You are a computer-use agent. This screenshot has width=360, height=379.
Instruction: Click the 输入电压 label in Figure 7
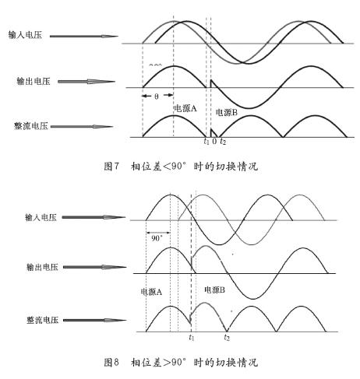click(25, 35)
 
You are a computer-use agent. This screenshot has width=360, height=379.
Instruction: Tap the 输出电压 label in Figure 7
click(34, 81)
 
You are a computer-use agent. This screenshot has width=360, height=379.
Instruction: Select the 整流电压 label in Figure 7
click(31, 126)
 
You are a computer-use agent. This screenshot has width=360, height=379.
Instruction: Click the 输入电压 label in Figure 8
click(41, 217)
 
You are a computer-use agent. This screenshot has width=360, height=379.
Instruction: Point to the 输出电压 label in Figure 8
click(42, 267)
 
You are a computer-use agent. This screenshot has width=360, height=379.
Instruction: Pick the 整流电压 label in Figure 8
click(42, 320)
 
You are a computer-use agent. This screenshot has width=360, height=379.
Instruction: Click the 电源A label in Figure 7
click(185, 108)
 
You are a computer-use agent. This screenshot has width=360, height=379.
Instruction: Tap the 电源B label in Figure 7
click(227, 112)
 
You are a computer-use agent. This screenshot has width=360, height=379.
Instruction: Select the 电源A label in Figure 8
click(151, 292)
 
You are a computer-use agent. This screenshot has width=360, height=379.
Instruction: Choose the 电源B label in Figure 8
click(214, 290)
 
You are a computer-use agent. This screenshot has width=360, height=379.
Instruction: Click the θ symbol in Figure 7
click(157, 97)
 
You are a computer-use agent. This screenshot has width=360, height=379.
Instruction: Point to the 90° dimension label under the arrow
click(157, 238)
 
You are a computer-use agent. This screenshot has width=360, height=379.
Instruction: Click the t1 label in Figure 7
click(206, 141)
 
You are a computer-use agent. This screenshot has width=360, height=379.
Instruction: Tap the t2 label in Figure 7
click(223, 142)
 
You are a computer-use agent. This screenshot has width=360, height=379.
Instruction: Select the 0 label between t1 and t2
click(214, 141)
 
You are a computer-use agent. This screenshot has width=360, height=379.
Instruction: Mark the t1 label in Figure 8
click(192, 337)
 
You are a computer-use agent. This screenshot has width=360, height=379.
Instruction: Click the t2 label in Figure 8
click(227, 337)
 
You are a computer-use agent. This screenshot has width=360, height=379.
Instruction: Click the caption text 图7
click(111, 166)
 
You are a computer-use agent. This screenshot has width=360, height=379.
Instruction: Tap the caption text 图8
click(111, 362)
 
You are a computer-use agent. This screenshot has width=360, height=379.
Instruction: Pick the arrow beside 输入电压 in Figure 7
click(84, 37)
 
